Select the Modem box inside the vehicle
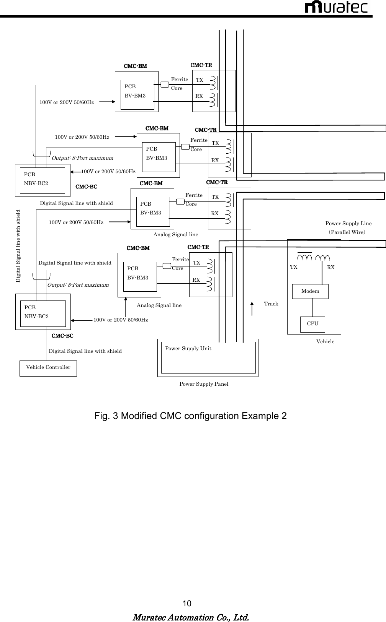coord(310,291)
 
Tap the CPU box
coord(312,324)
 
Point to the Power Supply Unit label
coord(188,349)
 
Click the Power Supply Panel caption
coord(204,384)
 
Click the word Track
coord(271,304)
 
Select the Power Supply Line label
coord(348,224)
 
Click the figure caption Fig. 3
coord(190,416)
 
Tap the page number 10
coord(187,604)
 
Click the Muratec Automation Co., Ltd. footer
coord(190,617)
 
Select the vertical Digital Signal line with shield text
coord(18,246)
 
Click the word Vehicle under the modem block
coord(325,342)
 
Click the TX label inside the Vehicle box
coord(294,267)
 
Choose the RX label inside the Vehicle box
coord(331,268)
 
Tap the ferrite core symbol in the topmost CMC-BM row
coord(165,84)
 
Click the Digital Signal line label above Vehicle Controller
coord(85,351)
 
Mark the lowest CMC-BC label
coord(62,336)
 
